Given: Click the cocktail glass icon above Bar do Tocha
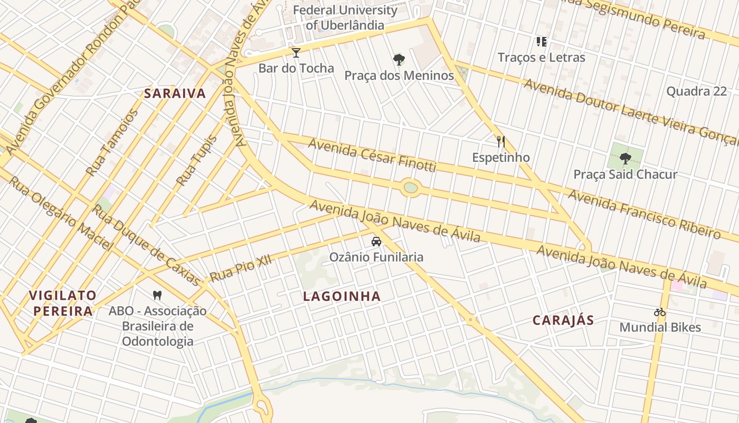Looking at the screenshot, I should [296, 52].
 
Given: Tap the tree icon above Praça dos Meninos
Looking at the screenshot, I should [399, 60].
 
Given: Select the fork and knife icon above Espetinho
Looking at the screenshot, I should [501, 142].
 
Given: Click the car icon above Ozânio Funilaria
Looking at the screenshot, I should [376, 242].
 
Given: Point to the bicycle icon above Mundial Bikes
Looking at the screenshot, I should [660, 312].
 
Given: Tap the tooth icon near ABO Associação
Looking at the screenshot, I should [157, 295].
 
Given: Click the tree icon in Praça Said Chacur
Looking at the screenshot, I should [626, 158].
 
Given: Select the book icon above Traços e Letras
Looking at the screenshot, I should [541, 41].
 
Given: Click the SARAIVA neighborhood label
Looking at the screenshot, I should [175, 94].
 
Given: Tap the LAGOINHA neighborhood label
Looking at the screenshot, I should [342, 297].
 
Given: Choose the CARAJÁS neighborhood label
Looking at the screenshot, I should [563, 320].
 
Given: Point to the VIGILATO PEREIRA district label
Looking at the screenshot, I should [63, 303].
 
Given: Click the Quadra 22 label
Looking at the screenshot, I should [696, 91].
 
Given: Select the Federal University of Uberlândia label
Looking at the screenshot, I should [345, 17].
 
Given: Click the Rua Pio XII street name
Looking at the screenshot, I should [240, 268].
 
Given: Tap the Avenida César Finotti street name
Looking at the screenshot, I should [372, 154].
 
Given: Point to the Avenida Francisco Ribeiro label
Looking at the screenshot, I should [644, 214].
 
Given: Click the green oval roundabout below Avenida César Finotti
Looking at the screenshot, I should [410, 188].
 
